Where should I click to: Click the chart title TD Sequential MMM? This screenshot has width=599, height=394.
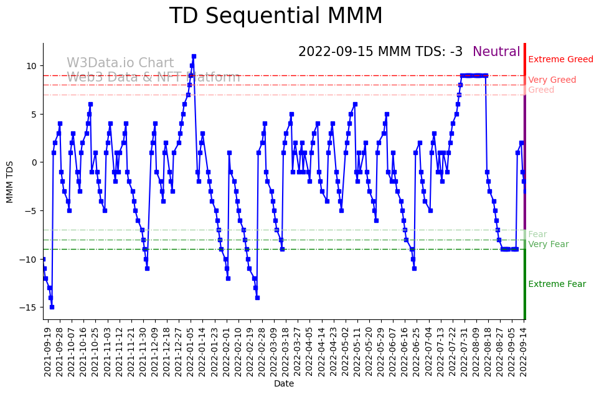point(276,16)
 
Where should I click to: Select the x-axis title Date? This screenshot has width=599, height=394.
point(283,384)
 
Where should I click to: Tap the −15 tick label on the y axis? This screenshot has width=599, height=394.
point(29,307)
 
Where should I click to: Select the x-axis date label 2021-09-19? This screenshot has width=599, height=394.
point(47,350)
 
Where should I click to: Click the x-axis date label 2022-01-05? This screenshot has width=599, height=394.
point(190,350)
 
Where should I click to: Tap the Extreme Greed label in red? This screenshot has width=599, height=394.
point(560,60)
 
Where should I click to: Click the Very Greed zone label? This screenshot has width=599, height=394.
point(552,80)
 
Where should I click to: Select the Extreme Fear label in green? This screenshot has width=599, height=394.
point(557,284)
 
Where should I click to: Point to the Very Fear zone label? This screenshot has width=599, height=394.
point(548,245)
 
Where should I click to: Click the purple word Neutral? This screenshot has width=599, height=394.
point(496,52)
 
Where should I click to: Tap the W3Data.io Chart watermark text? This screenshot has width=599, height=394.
point(120,63)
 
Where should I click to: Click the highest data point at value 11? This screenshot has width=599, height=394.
point(194,57)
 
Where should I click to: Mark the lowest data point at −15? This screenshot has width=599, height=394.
point(52,307)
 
